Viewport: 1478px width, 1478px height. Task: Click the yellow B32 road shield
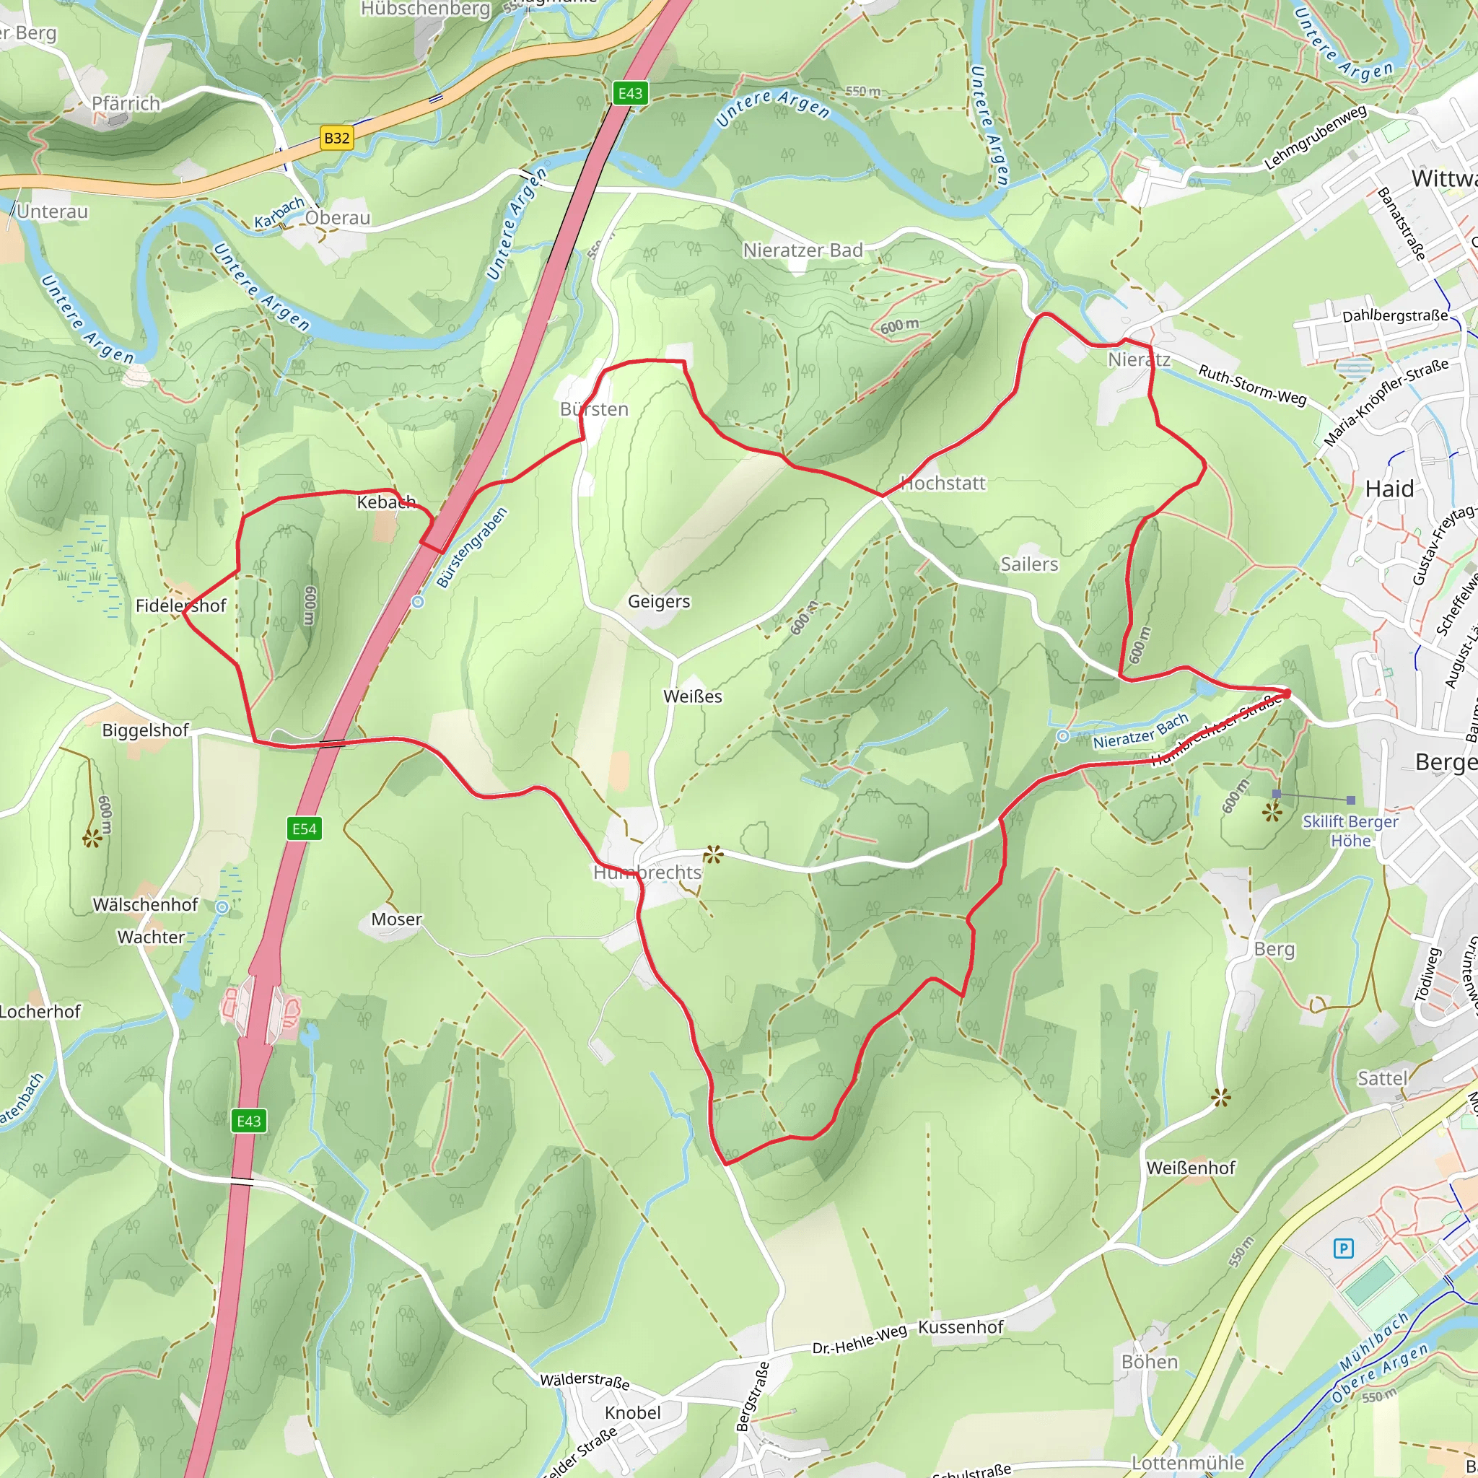point(336,139)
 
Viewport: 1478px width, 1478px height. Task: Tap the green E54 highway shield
point(305,828)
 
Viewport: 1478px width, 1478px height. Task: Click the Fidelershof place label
point(180,606)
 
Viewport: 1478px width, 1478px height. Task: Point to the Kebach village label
point(386,502)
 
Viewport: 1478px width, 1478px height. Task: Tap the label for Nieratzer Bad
point(803,250)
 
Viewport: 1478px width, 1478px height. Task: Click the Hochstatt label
point(943,484)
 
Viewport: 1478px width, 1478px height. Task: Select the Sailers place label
point(1029,564)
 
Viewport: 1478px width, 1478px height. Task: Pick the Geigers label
point(659,601)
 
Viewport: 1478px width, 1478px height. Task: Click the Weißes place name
point(692,696)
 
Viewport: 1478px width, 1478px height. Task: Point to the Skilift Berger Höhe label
point(1350,831)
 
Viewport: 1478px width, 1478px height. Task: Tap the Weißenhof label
point(1190,1168)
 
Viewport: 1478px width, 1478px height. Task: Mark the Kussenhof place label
point(960,1326)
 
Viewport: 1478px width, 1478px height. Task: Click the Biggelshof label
point(145,730)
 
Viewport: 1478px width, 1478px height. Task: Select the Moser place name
point(396,919)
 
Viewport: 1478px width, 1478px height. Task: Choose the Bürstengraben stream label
point(472,548)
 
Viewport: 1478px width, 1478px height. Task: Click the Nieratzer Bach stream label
point(1140,731)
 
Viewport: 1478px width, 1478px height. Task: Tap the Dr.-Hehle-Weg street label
point(859,1339)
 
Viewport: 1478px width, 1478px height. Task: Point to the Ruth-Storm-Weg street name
point(1251,384)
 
